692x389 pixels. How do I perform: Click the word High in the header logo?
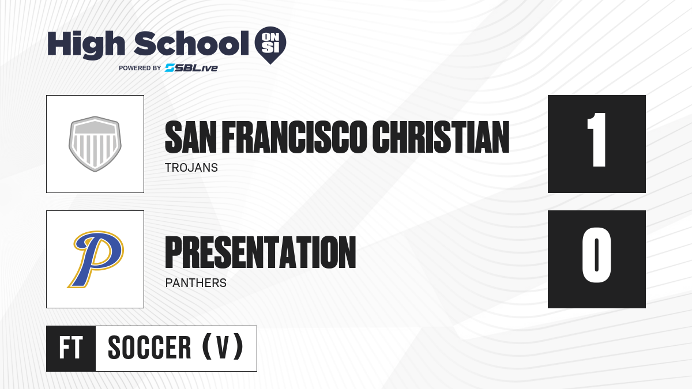86,44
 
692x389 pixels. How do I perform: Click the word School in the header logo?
191,43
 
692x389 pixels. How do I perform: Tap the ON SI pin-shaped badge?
270,45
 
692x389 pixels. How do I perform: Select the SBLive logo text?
191,68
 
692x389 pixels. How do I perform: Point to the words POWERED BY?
140,68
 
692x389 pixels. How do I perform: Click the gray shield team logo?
95,143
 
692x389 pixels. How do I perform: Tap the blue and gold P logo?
96,259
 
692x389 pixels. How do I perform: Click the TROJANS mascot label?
191,168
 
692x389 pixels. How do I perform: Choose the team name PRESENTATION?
261,252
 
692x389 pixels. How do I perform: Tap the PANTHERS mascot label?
196,283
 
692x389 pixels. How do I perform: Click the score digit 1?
597,139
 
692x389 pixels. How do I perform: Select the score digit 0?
596,255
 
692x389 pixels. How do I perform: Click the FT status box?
71,349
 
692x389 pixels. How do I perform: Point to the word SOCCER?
149,348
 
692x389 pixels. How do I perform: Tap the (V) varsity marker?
223,347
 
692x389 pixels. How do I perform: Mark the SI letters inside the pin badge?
270,48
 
